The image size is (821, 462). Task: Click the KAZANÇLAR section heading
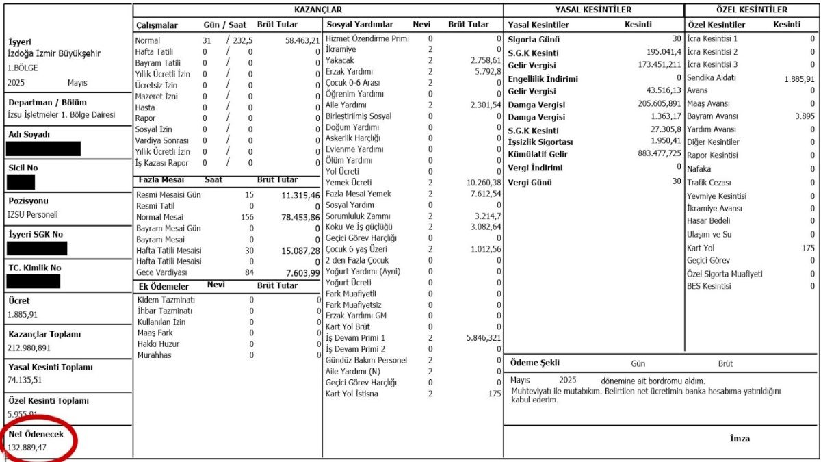coord(317,10)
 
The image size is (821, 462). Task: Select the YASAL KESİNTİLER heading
coord(593,10)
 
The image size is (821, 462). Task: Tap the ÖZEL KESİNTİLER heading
coord(751,10)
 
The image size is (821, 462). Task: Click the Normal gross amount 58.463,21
coord(302,40)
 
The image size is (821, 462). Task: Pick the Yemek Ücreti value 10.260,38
coord(484,183)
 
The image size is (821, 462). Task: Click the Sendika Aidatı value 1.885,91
coord(799,78)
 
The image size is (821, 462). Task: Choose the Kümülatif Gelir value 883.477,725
coord(651,153)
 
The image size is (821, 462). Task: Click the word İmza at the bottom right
coord(740,439)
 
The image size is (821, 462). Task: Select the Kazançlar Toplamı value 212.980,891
coord(32,348)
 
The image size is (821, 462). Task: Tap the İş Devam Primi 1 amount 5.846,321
coord(483,338)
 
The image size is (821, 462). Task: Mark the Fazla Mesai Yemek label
coord(358,194)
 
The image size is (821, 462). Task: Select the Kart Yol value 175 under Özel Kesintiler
coord(809,248)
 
